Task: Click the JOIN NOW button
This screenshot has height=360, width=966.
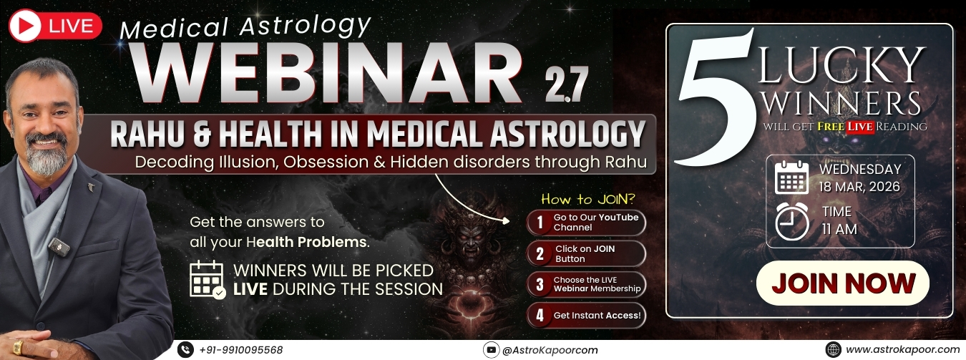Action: (842, 283)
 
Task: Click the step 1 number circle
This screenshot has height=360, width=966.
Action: (539, 223)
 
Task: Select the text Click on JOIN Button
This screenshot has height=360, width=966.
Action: (585, 254)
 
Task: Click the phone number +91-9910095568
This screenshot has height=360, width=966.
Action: (240, 350)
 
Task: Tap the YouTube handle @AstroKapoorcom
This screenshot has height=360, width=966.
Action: (550, 351)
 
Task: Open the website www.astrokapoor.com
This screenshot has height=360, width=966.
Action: (902, 350)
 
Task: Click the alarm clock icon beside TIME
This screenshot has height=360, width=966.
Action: (791, 221)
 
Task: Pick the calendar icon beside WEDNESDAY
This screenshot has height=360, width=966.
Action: (791, 177)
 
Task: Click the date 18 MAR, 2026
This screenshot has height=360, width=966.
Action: (859, 188)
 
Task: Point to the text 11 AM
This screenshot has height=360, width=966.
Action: (838, 230)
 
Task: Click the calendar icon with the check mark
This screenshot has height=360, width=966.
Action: (207, 279)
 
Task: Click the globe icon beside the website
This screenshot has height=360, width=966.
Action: (832, 350)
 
